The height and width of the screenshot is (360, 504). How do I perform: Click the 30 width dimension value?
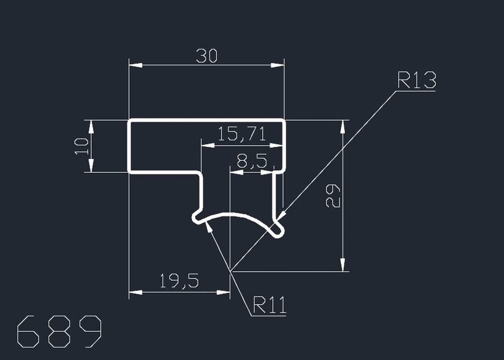point(206,56)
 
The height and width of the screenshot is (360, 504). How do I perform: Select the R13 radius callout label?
point(416,80)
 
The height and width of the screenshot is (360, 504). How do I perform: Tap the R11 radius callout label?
point(269,305)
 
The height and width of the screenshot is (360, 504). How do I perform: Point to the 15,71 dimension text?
point(241,134)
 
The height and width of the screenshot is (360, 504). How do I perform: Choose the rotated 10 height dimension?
point(82,146)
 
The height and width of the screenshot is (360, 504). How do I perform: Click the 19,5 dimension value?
point(179,281)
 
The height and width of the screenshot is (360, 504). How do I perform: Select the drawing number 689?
point(59,331)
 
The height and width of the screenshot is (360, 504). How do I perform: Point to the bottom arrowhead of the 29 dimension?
point(343,265)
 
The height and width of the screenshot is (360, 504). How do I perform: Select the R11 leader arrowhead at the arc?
point(208,226)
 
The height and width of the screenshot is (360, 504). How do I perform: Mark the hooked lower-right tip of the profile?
point(278,232)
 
